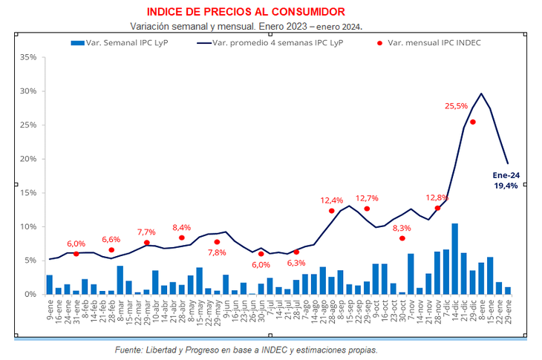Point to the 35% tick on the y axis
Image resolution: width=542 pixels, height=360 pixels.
(x=28, y=57)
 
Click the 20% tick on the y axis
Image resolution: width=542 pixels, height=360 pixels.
(x=28, y=159)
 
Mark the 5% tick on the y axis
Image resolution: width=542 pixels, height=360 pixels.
(x=30, y=261)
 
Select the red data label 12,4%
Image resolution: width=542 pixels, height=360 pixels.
(x=332, y=200)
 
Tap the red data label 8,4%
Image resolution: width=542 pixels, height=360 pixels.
(x=182, y=227)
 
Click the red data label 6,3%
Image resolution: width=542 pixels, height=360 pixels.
(x=296, y=263)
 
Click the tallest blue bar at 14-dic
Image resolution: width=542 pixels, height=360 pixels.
(x=454, y=258)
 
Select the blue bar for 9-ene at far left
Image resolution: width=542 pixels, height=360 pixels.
(x=50, y=284)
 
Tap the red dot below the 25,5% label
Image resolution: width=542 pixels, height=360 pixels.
(x=473, y=122)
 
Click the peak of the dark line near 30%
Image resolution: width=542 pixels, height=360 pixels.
(x=482, y=94)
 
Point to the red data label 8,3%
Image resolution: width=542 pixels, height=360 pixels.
(x=402, y=228)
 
